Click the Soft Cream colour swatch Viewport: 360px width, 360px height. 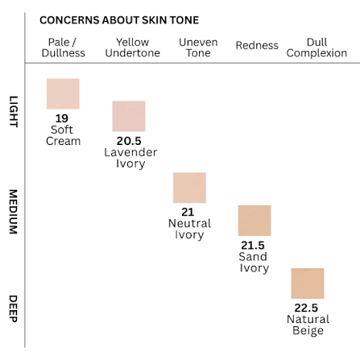tap(63, 93)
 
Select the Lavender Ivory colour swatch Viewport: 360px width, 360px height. tap(129, 116)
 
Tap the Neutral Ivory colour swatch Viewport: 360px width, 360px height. tap(189, 188)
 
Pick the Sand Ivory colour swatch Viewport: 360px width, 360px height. tap(254, 221)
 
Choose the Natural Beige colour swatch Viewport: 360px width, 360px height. tap(308, 283)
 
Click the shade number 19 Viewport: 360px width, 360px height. tap(62, 118)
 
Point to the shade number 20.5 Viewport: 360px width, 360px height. tap(129, 141)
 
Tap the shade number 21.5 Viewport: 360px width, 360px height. tap(253, 246)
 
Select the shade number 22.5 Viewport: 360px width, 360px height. tap(306, 308)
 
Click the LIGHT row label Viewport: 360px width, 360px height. tap(14, 111)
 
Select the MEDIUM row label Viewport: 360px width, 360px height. tap(14, 212)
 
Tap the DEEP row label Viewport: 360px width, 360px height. tap(14, 308)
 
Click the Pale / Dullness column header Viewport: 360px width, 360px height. tap(63, 48)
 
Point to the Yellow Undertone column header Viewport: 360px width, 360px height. tap(133, 48)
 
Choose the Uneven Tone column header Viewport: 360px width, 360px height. tap(198, 48)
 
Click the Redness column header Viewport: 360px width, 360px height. tap(257, 45)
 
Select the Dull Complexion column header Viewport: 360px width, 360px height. tap(317, 48)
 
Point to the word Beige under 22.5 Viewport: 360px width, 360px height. tap(308, 330)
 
